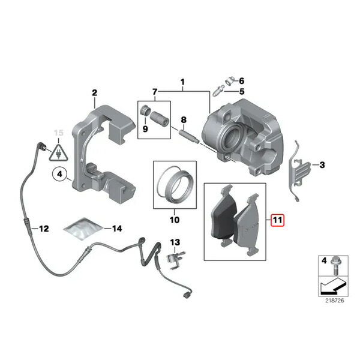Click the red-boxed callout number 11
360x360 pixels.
(x=277, y=220)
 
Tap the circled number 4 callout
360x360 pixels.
(x=59, y=174)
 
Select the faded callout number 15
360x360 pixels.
(x=58, y=133)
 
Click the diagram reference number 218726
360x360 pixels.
(x=335, y=301)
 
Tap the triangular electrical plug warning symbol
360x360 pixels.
(x=58, y=152)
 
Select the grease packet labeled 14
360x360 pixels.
(x=82, y=229)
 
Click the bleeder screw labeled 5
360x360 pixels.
(x=218, y=91)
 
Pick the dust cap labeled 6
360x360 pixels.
(x=229, y=80)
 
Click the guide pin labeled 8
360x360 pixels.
(x=188, y=137)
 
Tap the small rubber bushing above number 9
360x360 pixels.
(x=145, y=110)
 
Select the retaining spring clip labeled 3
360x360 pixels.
(x=298, y=170)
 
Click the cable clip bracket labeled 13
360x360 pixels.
(x=175, y=260)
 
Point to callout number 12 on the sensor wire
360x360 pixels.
(x=44, y=229)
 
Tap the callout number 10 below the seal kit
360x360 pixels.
(x=175, y=220)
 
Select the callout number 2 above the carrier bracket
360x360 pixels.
(x=95, y=93)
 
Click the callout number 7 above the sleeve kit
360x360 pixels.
(x=155, y=92)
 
